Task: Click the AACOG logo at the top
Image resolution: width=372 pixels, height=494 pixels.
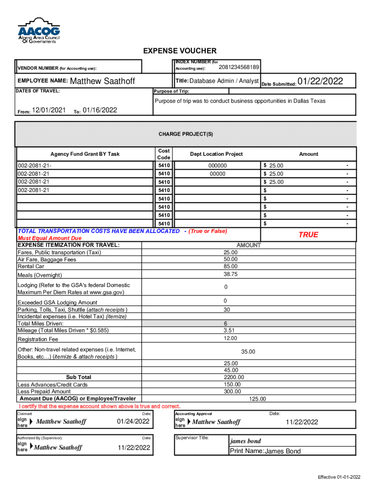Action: click(39, 30)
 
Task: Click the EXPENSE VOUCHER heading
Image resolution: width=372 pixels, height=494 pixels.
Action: click(180, 51)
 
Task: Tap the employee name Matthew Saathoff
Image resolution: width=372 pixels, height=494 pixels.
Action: click(102, 82)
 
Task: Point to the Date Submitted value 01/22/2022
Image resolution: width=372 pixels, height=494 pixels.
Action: click(320, 82)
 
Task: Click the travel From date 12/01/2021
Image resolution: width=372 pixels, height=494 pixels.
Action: click(49, 110)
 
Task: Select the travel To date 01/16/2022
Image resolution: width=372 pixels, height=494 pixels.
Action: click(100, 110)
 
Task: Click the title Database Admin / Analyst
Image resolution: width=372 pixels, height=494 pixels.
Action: click(224, 81)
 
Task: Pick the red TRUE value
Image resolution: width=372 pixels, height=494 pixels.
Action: click(308, 234)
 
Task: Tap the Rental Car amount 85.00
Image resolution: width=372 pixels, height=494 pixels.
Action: click(230, 266)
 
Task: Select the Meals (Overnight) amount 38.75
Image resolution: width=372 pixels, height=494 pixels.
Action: click(230, 274)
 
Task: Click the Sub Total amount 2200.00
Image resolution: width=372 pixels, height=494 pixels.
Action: click(234, 377)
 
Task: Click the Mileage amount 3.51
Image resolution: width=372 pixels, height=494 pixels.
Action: click(229, 330)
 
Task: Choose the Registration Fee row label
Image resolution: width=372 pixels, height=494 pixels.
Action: click(38, 339)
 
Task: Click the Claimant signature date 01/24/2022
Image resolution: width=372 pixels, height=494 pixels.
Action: click(133, 422)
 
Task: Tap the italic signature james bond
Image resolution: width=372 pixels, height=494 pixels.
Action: click(245, 441)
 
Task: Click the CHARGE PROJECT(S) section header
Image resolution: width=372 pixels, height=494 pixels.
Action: click(186, 134)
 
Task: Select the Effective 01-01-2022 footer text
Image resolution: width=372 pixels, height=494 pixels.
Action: click(339, 477)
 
